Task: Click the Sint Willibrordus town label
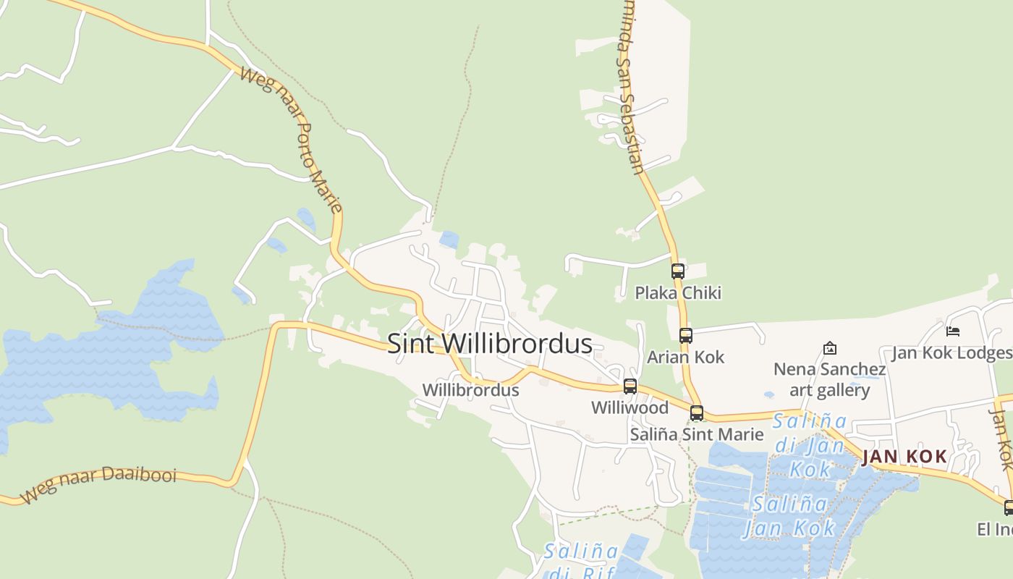click(x=490, y=343)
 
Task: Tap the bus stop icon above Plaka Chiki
click(x=678, y=271)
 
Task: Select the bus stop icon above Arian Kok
click(x=686, y=336)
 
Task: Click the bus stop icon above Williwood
click(x=630, y=386)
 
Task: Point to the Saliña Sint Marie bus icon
click(x=697, y=413)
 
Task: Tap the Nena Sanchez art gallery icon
click(x=830, y=349)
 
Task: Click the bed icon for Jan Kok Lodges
click(x=953, y=331)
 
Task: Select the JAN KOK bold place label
click(x=904, y=456)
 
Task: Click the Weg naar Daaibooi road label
click(x=98, y=484)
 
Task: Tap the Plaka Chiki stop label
click(x=678, y=292)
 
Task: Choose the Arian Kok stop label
click(x=685, y=357)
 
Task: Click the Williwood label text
click(x=630, y=407)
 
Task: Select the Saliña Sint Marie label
click(x=697, y=434)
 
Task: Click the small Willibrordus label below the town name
click(x=470, y=390)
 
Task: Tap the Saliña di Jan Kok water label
click(x=810, y=444)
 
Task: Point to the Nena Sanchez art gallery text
click(x=829, y=380)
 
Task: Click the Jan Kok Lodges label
click(x=951, y=352)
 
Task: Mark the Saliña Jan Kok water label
click(x=789, y=515)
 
